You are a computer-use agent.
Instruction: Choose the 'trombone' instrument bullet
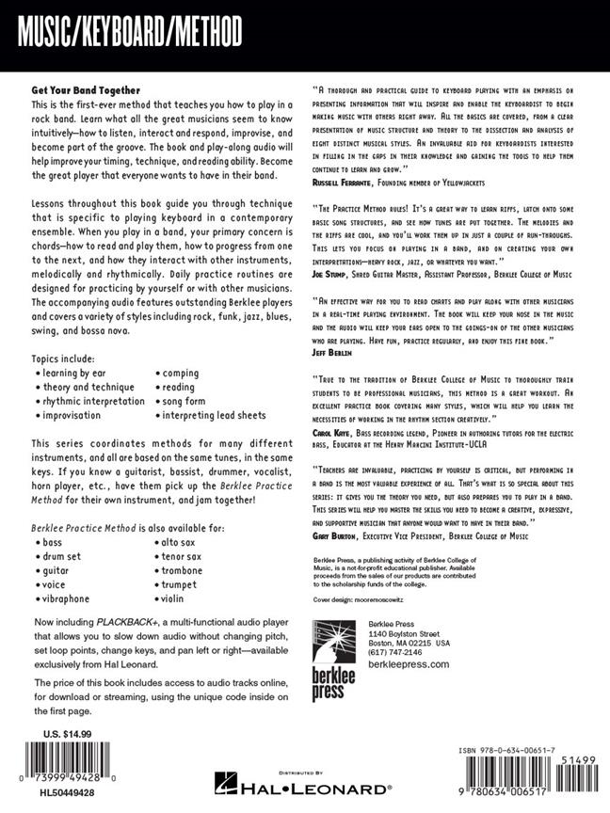pyautogui.click(x=182, y=570)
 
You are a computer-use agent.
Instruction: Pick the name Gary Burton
pyautogui.click(x=339, y=534)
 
